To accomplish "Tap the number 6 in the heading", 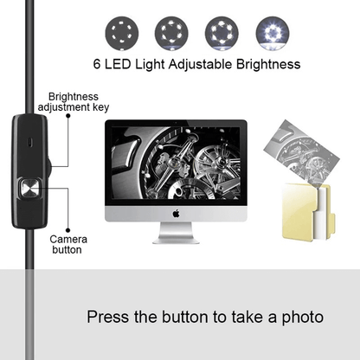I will coord(96,64).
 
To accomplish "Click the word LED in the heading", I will coord(118,64).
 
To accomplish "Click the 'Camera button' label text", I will coord(66,244).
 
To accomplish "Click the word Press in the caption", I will coord(110,318).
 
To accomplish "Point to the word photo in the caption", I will coord(299,318).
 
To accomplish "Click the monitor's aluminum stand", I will coord(176,233).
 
